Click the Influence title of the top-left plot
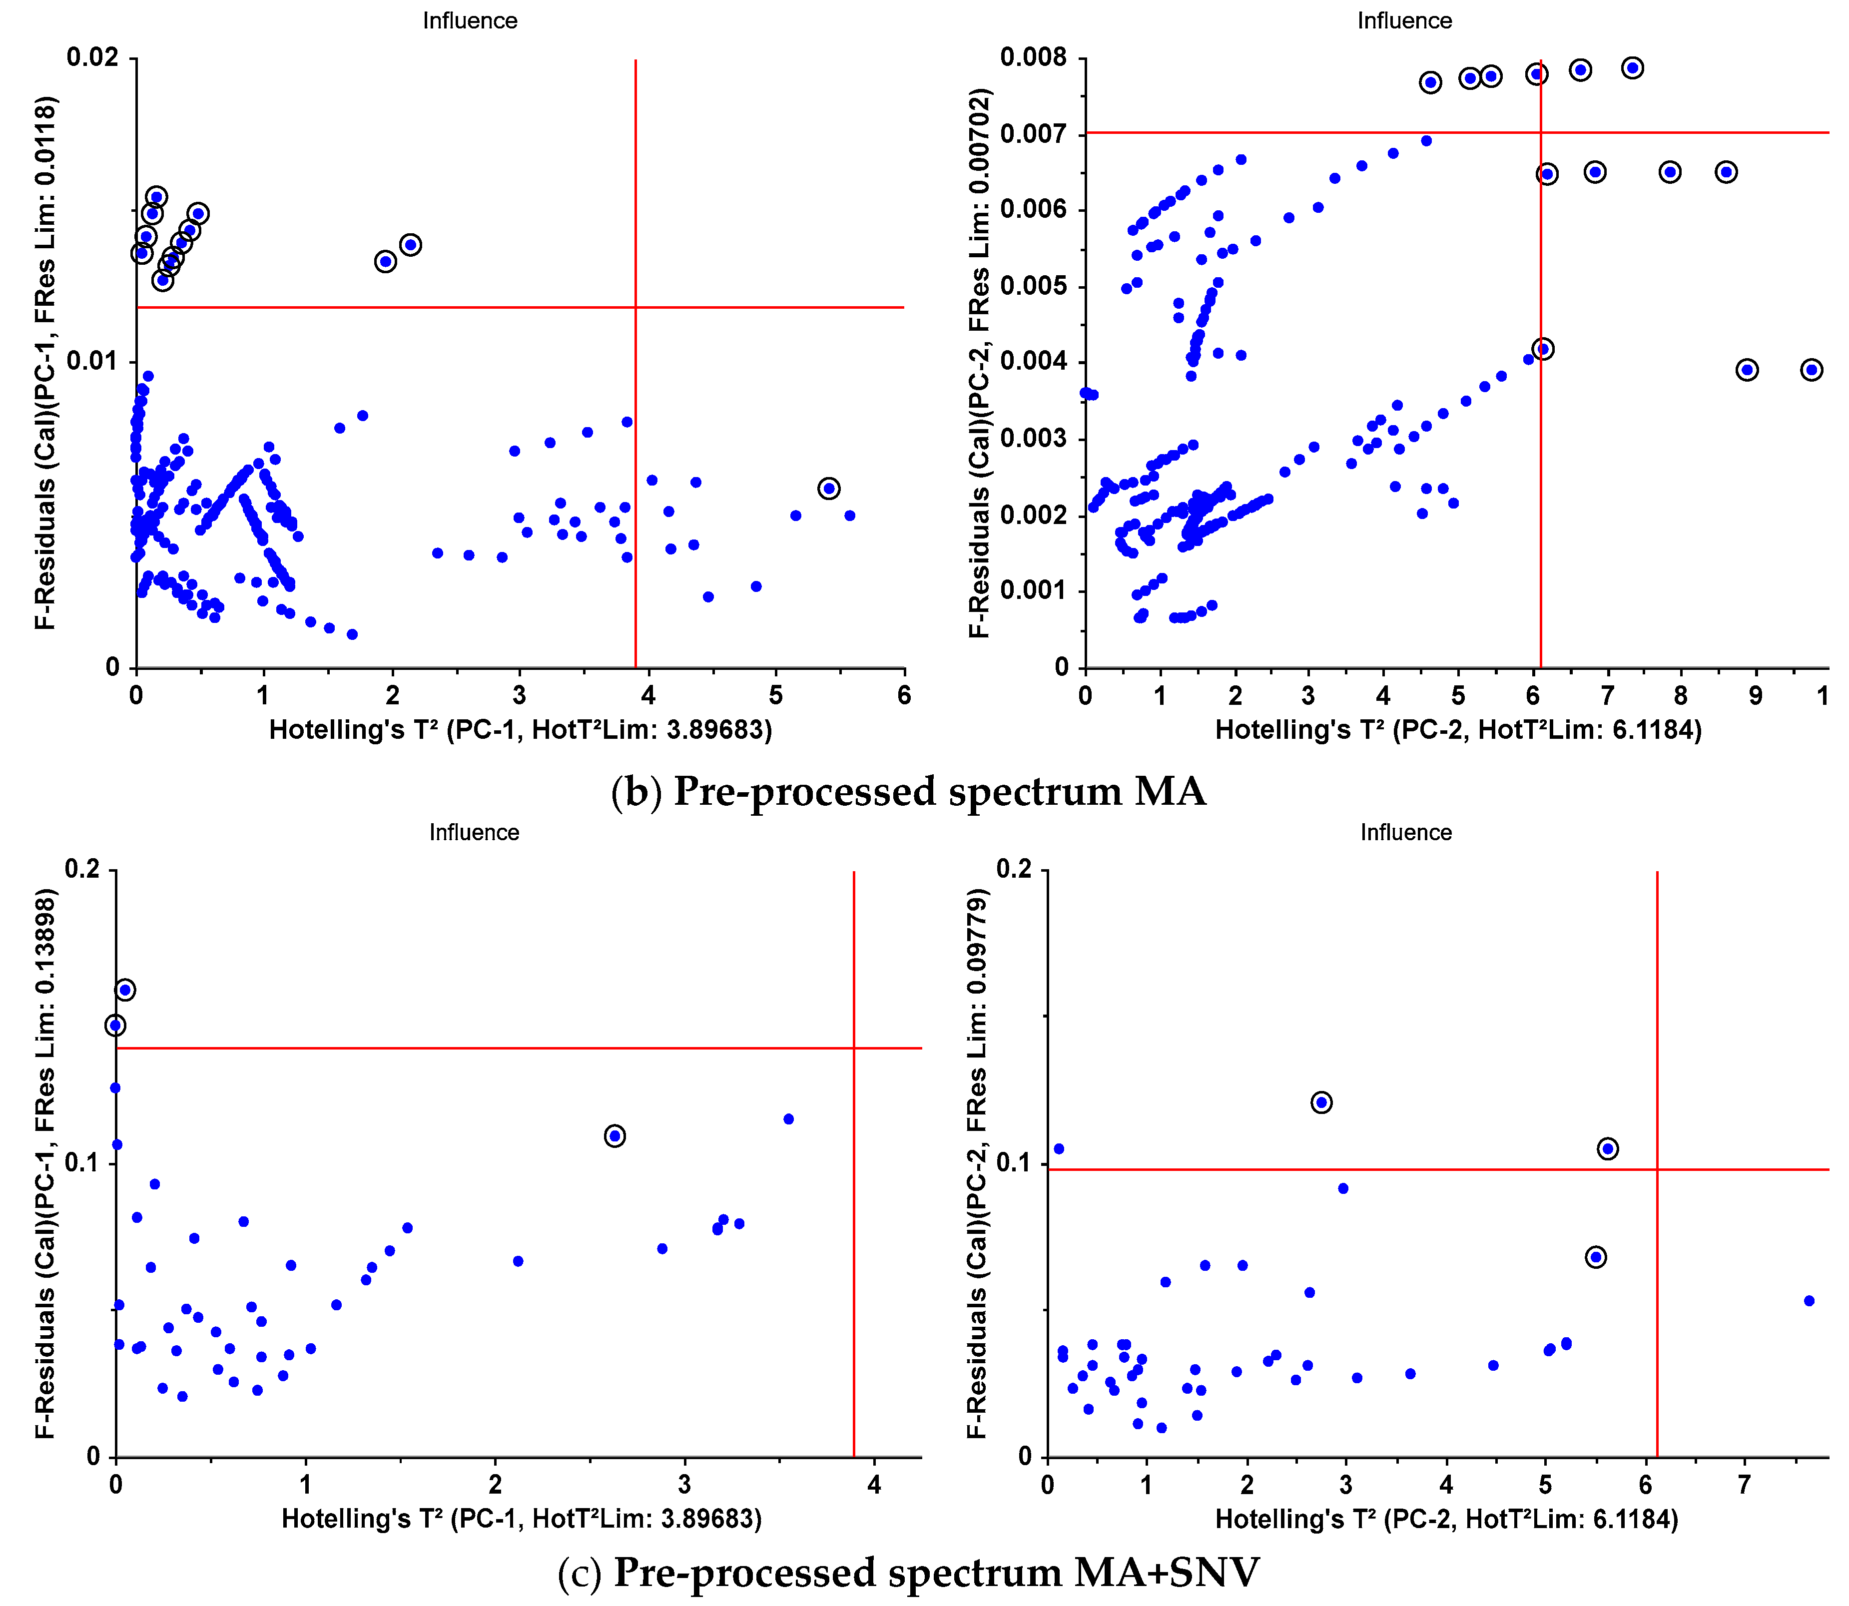[x=470, y=20]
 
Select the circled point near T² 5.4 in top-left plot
[x=828, y=489]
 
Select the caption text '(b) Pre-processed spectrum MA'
[x=908, y=791]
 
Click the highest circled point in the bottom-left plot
[x=125, y=990]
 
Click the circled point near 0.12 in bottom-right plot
[x=1321, y=1102]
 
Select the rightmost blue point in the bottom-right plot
[x=1809, y=1300]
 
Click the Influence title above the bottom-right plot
[x=1405, y=833]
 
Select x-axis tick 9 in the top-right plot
[x=1755, y=695]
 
